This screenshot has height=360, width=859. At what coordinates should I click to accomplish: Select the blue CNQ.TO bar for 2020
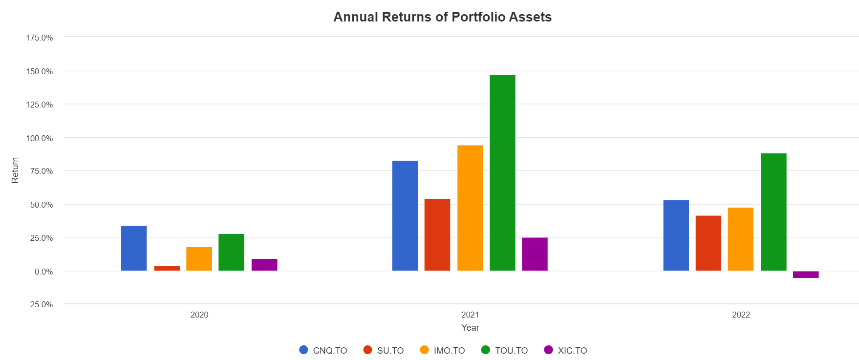[x=134, y=248]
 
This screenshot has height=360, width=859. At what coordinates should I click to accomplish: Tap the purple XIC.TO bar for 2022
[x=806, y=275]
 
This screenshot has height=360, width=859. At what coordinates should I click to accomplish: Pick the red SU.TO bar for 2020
[x=167, y=268]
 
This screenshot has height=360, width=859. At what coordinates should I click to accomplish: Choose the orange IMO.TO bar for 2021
[x=470, y=208]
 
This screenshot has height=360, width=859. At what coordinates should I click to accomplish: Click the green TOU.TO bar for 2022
[x=773, y=212]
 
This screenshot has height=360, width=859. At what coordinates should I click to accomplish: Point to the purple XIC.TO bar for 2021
[x=535, y=254]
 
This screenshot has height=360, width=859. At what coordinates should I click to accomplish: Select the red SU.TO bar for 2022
[x=709, y=243]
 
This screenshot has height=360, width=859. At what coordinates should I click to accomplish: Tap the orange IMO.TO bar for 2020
[x=199, y=259]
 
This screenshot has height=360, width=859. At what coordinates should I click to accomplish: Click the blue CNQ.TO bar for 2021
[x=405, y=215]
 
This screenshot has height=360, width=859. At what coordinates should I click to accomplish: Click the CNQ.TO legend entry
[x=323, y=350]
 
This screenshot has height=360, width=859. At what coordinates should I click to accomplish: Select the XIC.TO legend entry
[x=566, y=350]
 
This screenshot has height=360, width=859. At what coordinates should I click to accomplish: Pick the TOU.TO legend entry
[x=505, y=350]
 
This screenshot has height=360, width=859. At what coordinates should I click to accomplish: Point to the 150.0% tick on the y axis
[x=40, y=71]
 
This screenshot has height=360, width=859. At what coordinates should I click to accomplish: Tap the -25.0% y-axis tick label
[x=40, y=304]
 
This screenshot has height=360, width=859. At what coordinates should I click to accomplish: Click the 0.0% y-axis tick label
[x=43, y=272]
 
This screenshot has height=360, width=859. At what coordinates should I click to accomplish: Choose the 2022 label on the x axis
[x=741, y=315]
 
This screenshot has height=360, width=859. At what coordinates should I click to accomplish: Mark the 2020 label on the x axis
[x=199, y=315]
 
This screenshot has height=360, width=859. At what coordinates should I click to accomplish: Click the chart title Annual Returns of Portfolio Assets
[x=442, y=17]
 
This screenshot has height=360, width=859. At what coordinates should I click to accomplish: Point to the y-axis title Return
[x=15, y=170]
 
